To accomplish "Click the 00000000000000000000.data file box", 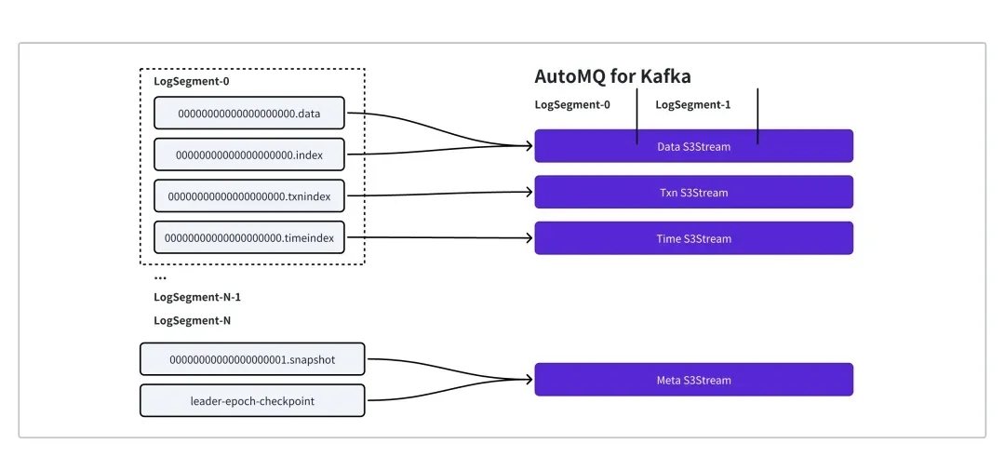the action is [249, 113].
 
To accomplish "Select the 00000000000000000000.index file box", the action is [249, 155].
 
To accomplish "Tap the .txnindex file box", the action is [249, 195].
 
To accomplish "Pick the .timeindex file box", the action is [249, 237].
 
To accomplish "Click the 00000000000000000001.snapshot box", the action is [252, 359].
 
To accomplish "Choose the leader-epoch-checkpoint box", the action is [252, 400].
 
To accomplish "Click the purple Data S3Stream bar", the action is [693, 146].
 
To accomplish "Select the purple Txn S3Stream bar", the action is [693, 193].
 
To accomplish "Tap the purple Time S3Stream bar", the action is [693, 238].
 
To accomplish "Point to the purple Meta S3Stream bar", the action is [693, 380].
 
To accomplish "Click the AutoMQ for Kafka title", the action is [612, 76].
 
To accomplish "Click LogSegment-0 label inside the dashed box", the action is [192, 81].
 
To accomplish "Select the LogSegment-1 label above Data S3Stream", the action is [693, 104].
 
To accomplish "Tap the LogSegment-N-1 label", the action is [197, 297].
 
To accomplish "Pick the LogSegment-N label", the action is [193, 320].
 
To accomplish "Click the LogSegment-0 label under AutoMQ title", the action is [572, 104].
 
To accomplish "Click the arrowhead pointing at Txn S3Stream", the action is [529, 193].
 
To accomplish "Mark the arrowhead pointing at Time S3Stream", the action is [529, 238].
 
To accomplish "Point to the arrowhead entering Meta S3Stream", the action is [529, 380].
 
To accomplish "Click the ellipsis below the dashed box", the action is [160, 277].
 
